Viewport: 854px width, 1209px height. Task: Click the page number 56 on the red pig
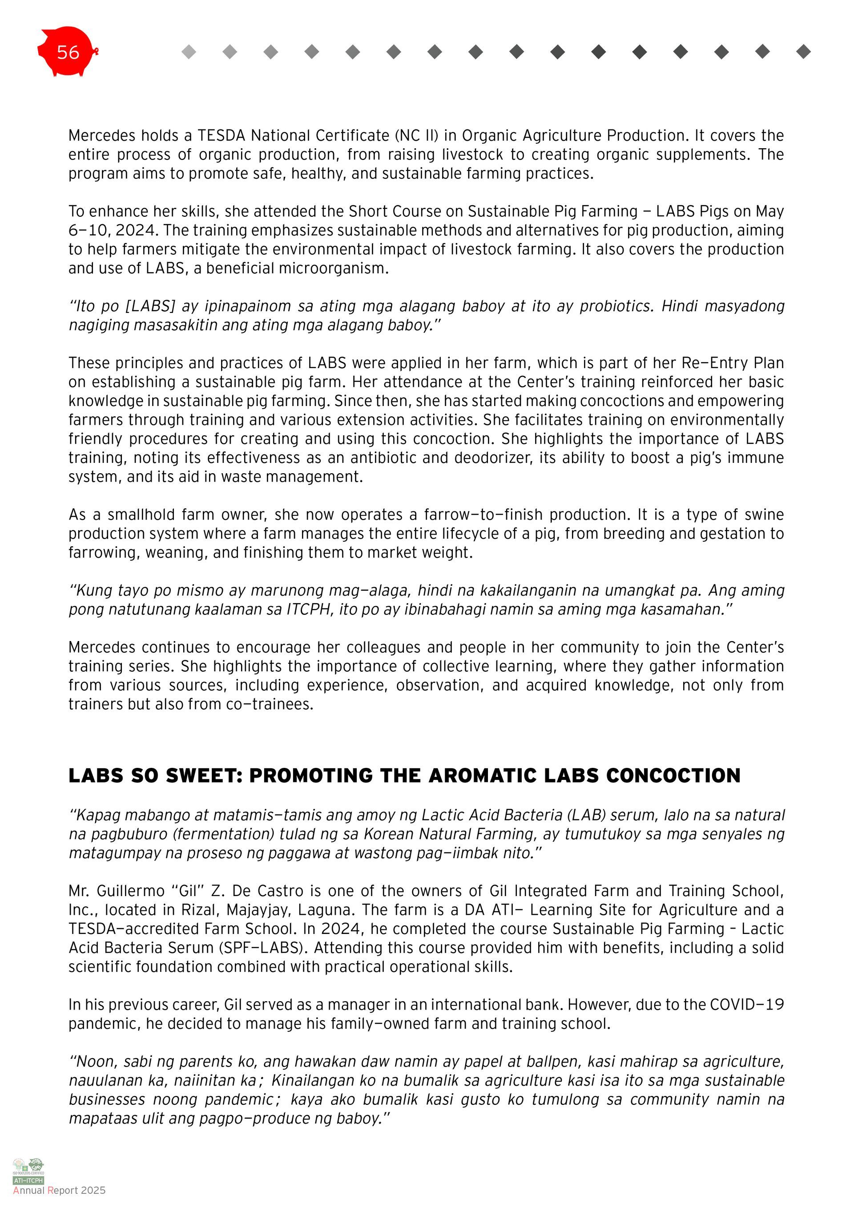68,52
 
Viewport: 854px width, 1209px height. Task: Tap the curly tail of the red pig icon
96,52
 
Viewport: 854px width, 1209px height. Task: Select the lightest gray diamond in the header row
189,52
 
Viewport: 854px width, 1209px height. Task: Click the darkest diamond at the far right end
803,52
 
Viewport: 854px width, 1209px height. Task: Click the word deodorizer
491,458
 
